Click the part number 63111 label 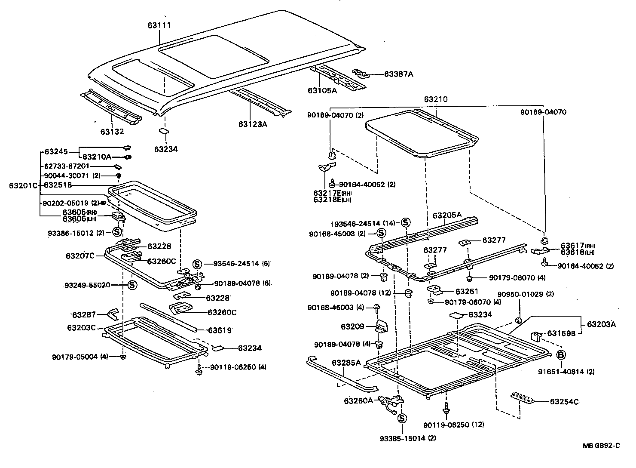click(x=159, y=25)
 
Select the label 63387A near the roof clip click(x=398, y=74)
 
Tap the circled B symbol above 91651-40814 click(x=561, y=355)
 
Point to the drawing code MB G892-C click(x=601, y=446)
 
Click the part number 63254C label click(x=564, y=402)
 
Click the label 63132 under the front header click(x=112, y=132)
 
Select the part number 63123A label click(x=253, y=124)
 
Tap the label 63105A click(x=322, y=90)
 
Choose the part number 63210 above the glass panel click(x=436, y=99)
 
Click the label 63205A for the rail click(x=447, y=215)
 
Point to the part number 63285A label click(x=346, y=363)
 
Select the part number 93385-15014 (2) click(x=403, y=438)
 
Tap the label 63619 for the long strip click(x=220, y=330)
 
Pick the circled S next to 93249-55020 click(x=132, y=285)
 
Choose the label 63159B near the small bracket click(x=561, y=333)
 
